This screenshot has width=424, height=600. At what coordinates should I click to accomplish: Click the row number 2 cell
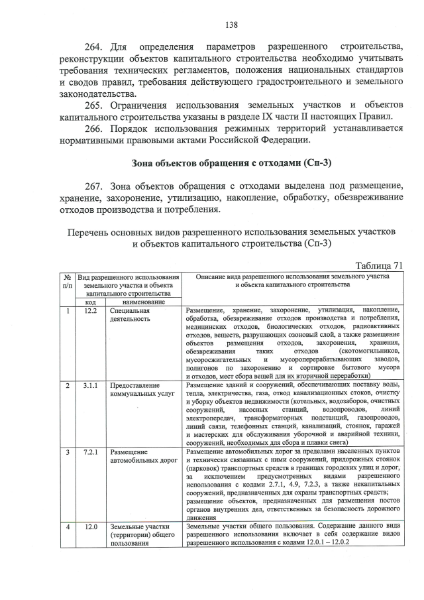[x=68, y=385]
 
